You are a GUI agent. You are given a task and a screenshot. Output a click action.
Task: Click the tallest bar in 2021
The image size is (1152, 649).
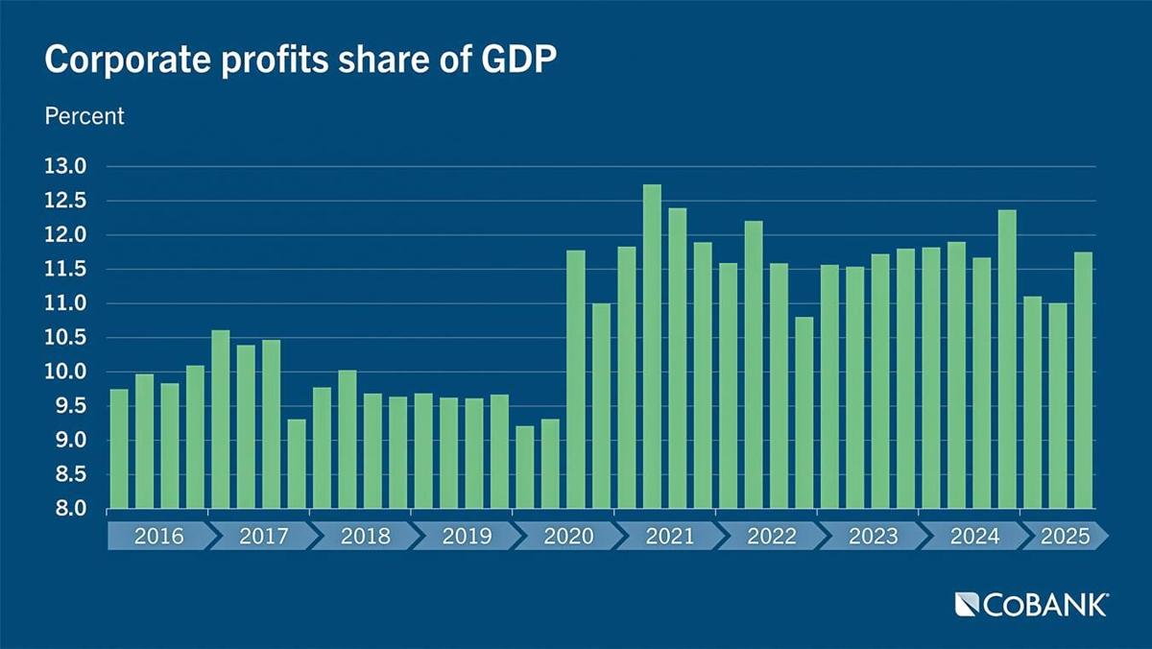click(x=652, y=346)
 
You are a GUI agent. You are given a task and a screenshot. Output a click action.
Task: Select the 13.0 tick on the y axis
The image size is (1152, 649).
click(x=65, y=167)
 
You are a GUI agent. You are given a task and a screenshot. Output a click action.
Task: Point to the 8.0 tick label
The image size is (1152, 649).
click(x=65, y=509)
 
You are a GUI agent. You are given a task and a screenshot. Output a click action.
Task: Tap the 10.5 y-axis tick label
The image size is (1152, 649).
click(x=65, y=338)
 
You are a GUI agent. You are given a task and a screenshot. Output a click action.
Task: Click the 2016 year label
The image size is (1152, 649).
click(x=158, y=536)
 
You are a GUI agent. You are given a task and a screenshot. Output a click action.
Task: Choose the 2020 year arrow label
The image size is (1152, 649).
click(x=568, y=536)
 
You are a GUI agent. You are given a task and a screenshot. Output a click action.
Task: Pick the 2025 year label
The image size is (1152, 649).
click(x=1065, y=536)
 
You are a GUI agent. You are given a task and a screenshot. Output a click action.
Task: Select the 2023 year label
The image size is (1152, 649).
click(x=873, y=536)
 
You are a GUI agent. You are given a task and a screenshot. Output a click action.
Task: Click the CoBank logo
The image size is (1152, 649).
click(x=1032, y=604)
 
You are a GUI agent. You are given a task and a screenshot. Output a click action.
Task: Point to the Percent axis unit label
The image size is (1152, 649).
click(x=84, y=116)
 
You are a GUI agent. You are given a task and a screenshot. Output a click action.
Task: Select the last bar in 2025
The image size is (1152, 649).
click(x=1083, y=380)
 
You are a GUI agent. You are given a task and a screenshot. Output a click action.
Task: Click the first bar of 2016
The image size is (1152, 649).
click(x=119, y=448)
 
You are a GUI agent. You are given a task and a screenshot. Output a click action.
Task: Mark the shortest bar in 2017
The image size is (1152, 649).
click(x=297, y=464)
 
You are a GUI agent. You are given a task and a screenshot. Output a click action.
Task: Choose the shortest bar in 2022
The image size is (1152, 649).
click(x=804, y=413)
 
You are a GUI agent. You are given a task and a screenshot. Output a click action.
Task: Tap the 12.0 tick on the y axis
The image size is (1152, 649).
click(x=65, y=235)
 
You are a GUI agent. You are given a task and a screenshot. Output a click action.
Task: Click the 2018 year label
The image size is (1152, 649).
click(x=365, y=536)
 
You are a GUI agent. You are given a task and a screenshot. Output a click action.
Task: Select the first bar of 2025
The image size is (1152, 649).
click(x=1032, y=402)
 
